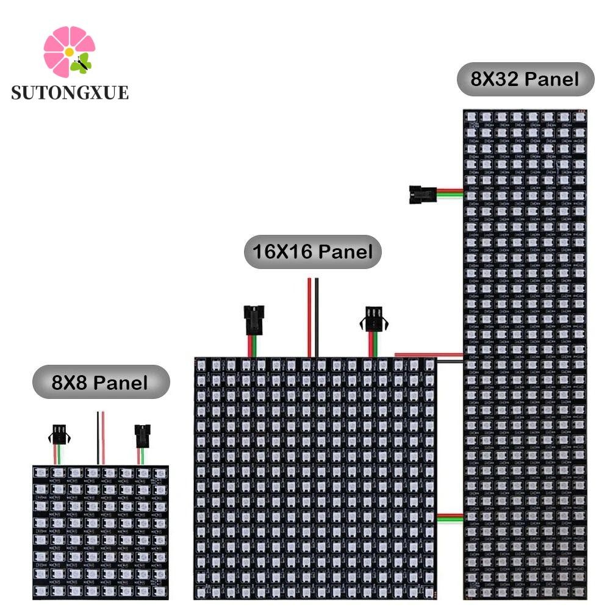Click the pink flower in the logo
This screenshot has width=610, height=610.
(x=66, y=50)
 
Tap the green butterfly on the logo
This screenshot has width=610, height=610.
(x=82, y=63)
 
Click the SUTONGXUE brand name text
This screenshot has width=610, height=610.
(x=70, y=92)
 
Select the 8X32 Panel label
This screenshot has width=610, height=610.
(x=525, y=79)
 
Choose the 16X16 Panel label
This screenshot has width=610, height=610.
(x=312, y=251)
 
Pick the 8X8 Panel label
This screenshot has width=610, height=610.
(x=100, y=382)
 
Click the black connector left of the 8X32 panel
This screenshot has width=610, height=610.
(x=420, y=194)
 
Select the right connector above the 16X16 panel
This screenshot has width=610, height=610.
(x=374, y=319)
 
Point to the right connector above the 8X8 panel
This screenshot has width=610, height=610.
(x=142, y=436)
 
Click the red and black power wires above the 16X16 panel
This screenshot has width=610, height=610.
(x=313, y=317)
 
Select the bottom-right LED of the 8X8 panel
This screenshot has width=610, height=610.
(x=159, y=591)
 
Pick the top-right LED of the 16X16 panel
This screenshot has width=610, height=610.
(x=428, y=365)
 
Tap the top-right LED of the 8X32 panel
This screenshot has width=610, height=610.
(x=579, y=116)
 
